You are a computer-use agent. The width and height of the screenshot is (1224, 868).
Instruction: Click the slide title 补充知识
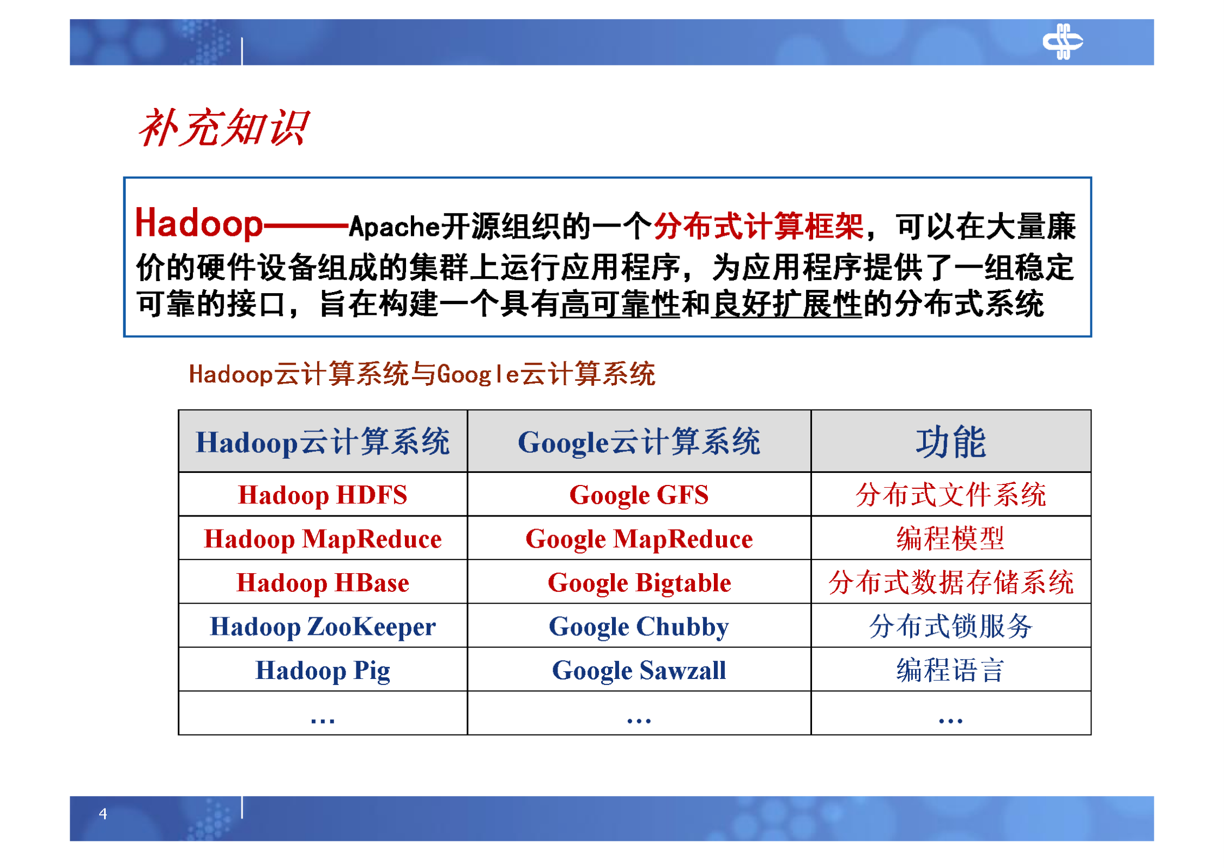(223, 128)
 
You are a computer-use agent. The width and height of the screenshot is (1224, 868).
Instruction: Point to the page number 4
(103, 814)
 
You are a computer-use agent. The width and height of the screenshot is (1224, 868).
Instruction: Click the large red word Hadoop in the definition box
(198, 223)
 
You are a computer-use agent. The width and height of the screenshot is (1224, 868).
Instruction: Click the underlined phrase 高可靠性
(620, 304)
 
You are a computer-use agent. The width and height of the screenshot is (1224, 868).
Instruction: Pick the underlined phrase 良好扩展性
(786, 304)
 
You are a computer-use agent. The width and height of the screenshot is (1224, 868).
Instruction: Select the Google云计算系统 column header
(639, 442)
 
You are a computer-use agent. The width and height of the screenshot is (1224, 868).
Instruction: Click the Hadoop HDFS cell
(323, 495)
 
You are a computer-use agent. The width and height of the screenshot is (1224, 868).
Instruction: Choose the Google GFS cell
(639, 495)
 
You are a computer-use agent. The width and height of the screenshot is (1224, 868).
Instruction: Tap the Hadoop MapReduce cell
(323, 539)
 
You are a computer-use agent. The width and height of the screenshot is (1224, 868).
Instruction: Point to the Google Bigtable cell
(639, 582)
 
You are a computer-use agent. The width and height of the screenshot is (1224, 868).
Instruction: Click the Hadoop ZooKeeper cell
(323, 627)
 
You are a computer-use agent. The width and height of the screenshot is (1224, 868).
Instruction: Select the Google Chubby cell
(639, 627)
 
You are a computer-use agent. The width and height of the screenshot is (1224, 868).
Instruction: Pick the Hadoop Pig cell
(323, 670)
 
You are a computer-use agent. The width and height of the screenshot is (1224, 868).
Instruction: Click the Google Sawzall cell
(639, 670)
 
